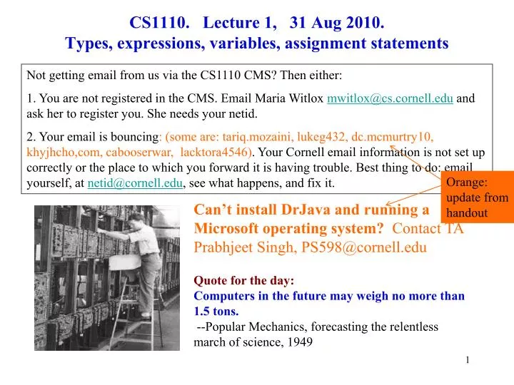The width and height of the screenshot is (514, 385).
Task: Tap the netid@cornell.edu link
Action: (135, 184)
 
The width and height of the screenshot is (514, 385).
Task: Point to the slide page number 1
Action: (467, 360)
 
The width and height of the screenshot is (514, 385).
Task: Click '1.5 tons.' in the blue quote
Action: (216, 311)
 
